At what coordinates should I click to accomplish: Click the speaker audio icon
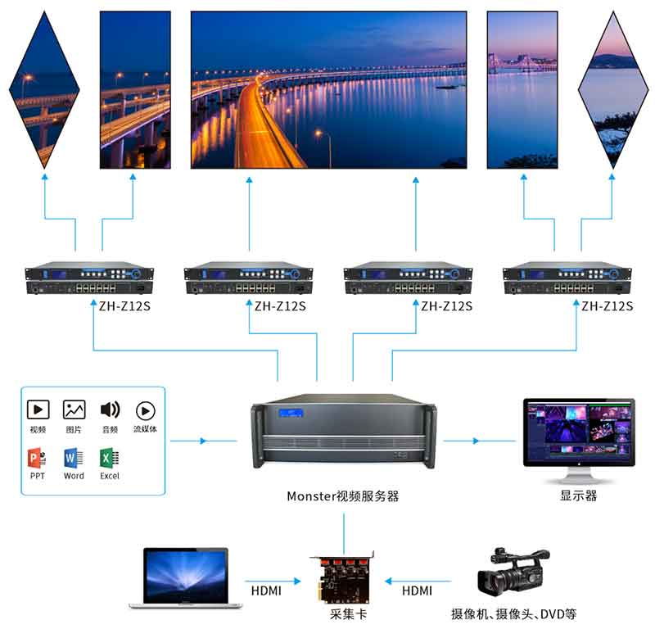(110, 410)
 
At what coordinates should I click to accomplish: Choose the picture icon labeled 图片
(74, 410)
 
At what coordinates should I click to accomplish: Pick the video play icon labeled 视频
(38, 410)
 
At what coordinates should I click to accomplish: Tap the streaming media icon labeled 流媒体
(145, 410)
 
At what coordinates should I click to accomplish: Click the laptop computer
(186, 578)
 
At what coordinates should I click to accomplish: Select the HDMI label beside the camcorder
(417, 591)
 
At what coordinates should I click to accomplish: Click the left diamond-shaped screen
(44, 89)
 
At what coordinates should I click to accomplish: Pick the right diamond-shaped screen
(613, 89)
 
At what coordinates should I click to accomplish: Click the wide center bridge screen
(328, 89)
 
